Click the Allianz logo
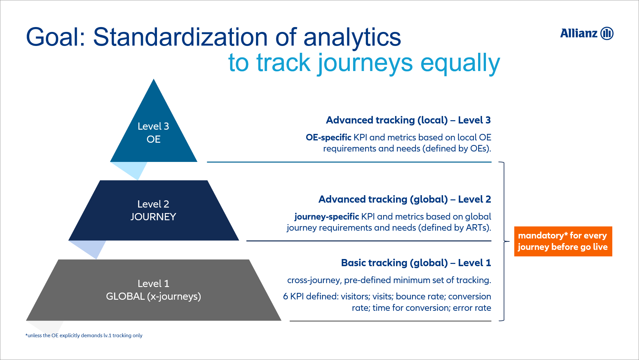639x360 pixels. click(x=587, y=33)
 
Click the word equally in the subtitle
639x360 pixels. click(x=460, y=63)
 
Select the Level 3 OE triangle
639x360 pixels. click(x=154, y=130)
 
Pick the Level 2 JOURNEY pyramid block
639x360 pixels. click(x=154, y=210)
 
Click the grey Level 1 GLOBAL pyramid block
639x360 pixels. click(x=154, y=290)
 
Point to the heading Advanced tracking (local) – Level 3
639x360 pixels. click(x=408, y=120)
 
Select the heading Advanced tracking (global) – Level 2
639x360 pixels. click(x=405, y=199)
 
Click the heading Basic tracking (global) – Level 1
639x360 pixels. click(x=416, y=263)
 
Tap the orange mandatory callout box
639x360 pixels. click(x=563, y=241)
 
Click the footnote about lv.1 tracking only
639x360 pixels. click(x=84, y=336)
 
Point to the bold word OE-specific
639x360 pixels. click(x=328, y=137)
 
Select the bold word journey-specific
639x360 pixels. click(x=327, y=217)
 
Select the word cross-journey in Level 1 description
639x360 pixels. click(x=314, y=281)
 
